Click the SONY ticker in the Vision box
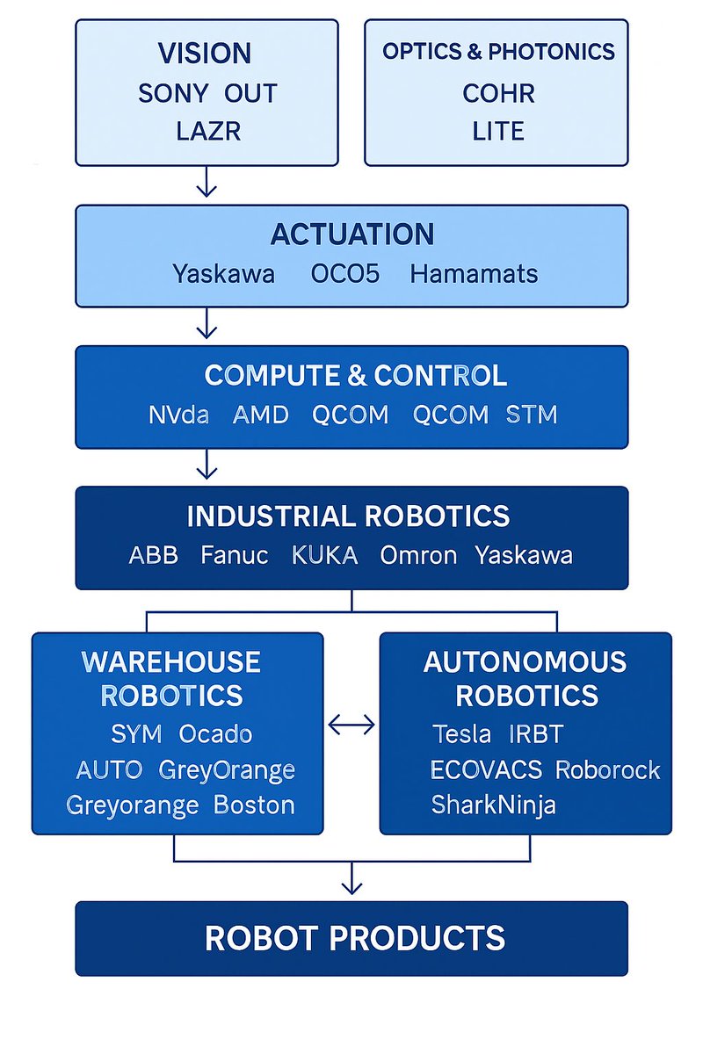[x=173, y=93]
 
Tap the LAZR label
[x=208, y=131]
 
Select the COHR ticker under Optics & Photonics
[x=498, y=93]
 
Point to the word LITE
[x=498, y=131]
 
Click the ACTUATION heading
[x=352, y=235]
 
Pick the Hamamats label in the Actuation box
[x=474, y=274]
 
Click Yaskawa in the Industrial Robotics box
[x=524, y=555]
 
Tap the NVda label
[x=178, y=415]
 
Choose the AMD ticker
[x=261, y=415]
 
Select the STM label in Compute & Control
[x=532, y=415]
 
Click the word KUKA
[x=324, y=555]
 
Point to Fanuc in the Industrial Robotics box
[x=235, y=555]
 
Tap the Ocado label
[x=215, y=733]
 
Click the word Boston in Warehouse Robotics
[x=254, y=805]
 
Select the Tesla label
[x=461, y=733]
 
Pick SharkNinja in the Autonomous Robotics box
[x=494, y=805]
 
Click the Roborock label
[x=607, y=769]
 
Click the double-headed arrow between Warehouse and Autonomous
[x=351, y=725]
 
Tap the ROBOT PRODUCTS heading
[x=355, y=938]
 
